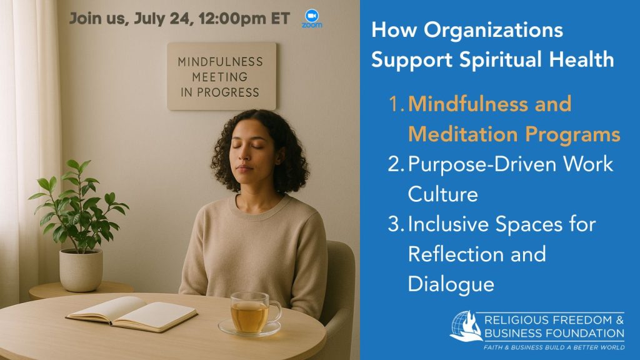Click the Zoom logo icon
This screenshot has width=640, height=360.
tap(312, 18)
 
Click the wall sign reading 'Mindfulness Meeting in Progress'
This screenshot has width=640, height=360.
tap(222, 76)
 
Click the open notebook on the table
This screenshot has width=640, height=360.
tap(131, 314)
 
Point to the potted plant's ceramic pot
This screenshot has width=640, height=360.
tap(81, 270)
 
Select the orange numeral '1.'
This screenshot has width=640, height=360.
tap(396, 104)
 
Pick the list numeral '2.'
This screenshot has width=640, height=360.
tap(396, 164)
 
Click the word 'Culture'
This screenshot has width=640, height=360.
tap(443, 194)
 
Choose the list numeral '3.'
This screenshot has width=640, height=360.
tap(396, 224)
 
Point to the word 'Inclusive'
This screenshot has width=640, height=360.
tap(448, 224)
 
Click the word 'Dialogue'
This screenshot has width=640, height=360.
tap(451, 284)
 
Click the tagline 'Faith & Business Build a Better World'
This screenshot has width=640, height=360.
tap(554, 347)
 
